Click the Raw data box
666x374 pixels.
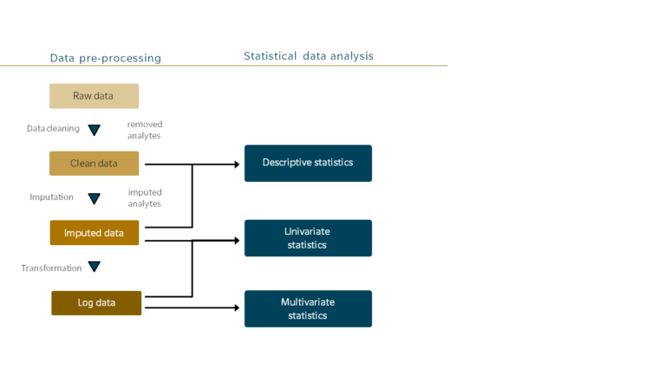pyautogui.click(x=94, y=96)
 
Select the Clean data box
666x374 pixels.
pyautogui.click(x=94, y=164)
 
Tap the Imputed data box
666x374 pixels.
pyautogui.click(x=94, y=233)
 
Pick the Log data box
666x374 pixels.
pyautogui.click(x=95, y=303)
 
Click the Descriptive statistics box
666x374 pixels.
pyautogui.click(x=308, y=163)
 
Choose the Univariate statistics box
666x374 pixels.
pyautogui.click(x=308, y=238)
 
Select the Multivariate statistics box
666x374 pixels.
pyautogui.click(x=308, y=308)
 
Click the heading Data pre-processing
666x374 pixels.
pyautogui.click(x=106, y=58)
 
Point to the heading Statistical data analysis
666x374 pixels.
pyautogui.click(x=309, y=56)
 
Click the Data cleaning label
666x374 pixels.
pyautogui.click(x=53, y=129)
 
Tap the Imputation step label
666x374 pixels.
pyautogui.click(x=52, y=197)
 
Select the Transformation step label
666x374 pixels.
pyautogui.click(x=51, y=268)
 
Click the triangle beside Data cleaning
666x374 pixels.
pyautogui.click(x=95, y=130)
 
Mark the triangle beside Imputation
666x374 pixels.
pyautogui.click(x=95, y=198)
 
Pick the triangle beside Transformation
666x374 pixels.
pyautogui.click(x=95, y=268)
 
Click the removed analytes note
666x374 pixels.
pyautogui.click(x=144, y=130)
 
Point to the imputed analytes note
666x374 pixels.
pyautogui.click(x=145, y=197)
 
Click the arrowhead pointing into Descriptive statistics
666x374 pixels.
pyautogui.click(x=236, y=164)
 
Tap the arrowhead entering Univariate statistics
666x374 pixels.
pyautogui.click(x=236, y=240)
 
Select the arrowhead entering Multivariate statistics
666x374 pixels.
pyautogui.click(x=236, y=307)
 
